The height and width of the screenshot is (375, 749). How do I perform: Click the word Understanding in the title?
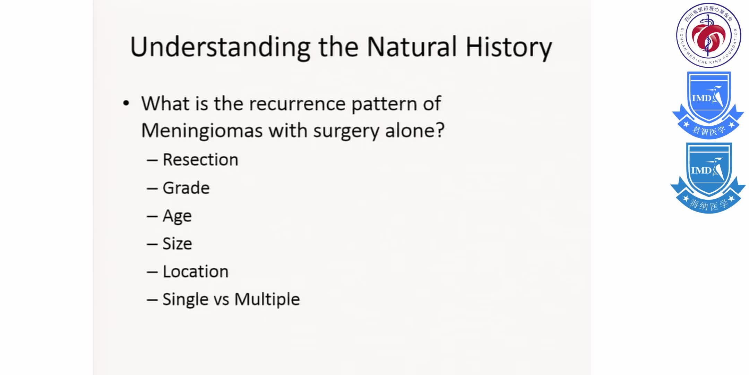pos(220,47)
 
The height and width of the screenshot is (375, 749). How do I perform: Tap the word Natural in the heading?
pos(412,47)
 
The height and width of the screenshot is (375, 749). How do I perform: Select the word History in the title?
pos(508,47)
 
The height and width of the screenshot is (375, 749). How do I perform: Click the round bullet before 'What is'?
pos(126,103)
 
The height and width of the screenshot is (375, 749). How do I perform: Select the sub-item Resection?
pos(200,160)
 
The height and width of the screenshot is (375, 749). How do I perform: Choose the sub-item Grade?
pos(186,188)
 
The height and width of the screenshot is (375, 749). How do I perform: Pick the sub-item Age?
pos(177,216)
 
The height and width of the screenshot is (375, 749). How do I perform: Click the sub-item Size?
pos(177,243)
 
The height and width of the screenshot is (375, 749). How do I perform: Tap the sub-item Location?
pos(196,272)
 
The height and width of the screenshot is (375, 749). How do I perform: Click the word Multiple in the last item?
pos(267,299)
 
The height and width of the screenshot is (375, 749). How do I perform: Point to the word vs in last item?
pos(221,300)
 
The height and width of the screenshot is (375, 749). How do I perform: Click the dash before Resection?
pos(152,160)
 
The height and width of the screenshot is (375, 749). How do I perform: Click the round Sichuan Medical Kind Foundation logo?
pos(708,35)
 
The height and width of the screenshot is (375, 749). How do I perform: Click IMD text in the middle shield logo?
pos(701,98)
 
